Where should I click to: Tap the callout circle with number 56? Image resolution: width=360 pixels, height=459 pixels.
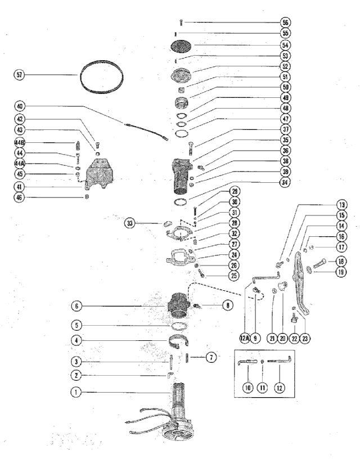286,22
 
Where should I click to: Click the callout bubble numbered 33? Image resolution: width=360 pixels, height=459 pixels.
130,224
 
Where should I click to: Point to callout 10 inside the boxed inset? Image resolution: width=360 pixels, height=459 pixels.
248,388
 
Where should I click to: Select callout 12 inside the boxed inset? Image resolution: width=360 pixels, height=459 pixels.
280,388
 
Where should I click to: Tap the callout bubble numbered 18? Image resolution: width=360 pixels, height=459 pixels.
341,261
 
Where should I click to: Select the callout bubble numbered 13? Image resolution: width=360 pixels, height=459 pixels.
341,205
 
